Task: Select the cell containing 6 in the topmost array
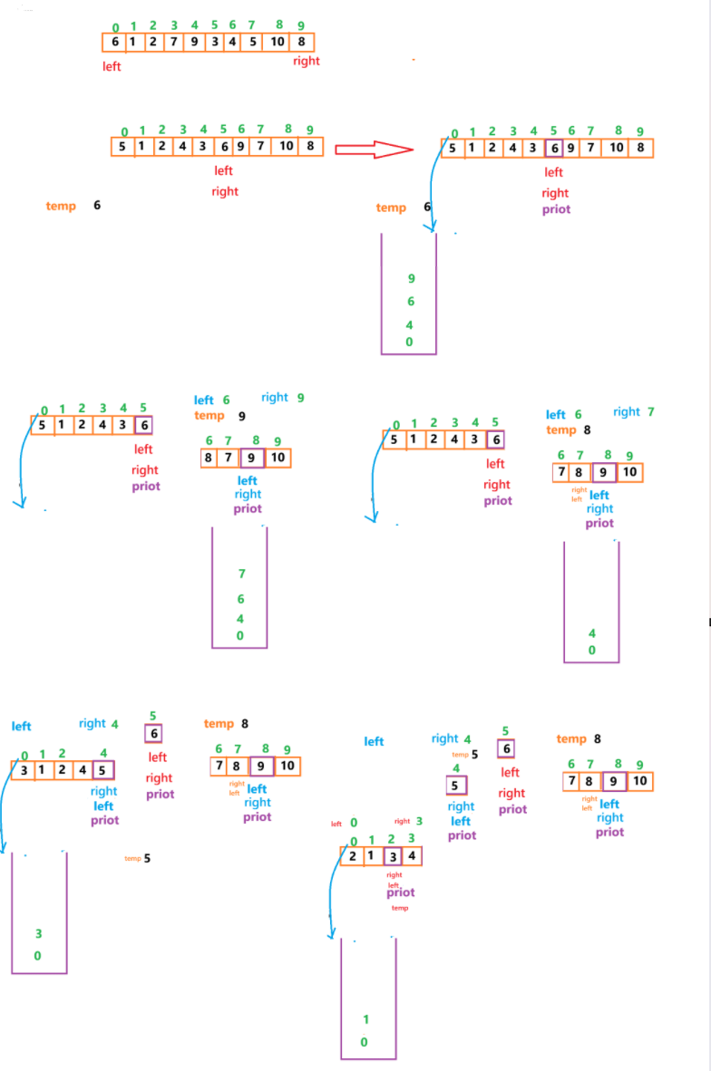[x=114, y=42]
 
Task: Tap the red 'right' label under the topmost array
[x=307, y=62]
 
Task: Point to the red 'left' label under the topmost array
[x=112, y=66]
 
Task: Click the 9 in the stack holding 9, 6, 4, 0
[x=411, y=278]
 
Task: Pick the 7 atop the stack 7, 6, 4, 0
[x=241, y=574]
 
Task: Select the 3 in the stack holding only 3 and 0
[x=38, y=933]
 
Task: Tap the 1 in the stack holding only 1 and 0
[x=365, y=1019]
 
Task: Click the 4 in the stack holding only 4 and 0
[x=592, y=632]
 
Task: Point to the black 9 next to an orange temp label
[x=242, y=416]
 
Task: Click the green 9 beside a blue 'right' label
[x=300, y=397]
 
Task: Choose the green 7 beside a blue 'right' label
[x=651, y=411]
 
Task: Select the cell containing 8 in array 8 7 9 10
[x=209, y=458]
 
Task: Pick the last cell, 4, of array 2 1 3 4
[x=412, y=855]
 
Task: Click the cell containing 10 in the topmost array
[x=278, y=42]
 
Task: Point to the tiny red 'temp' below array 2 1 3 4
[x=400, y=908]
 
